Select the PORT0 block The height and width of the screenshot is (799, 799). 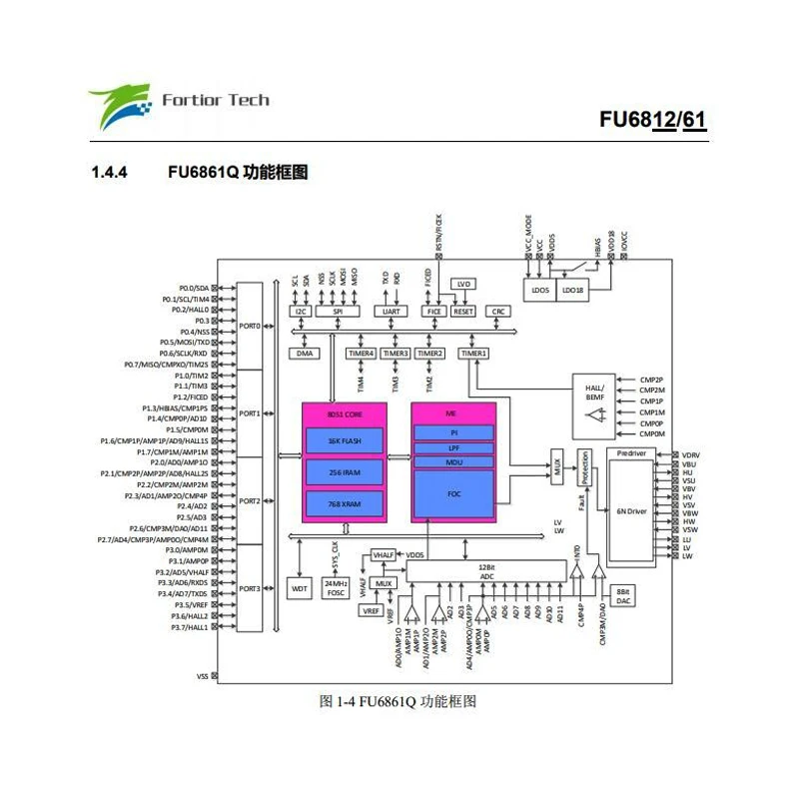pyautogui.click(x=250, y=326)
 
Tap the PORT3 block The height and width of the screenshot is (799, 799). pyautogui.click(x=250, y=588)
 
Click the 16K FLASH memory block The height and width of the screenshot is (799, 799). pyautogui.click(x=345, y=440)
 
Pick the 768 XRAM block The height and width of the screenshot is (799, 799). pyautogui.click(x=345, y=504)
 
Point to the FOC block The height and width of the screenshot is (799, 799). pyautogui.click(x=453, y=492)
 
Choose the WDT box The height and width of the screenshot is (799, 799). pyautogui.click(x=300, y=589)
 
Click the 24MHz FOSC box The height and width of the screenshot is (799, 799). pyautogui.click(x=336, y=586)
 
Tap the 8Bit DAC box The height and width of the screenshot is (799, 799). pyautogui.click(x=623, y=595)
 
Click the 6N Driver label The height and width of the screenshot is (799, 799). pyautogui.click(x=633, y=510)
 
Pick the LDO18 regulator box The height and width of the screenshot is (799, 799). pyautogui.click(x=572, y=290)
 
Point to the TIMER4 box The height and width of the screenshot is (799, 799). pyautogui.click(x=361, y=354)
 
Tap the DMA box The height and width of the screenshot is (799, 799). pyautogui.click(x=304, y=354)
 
